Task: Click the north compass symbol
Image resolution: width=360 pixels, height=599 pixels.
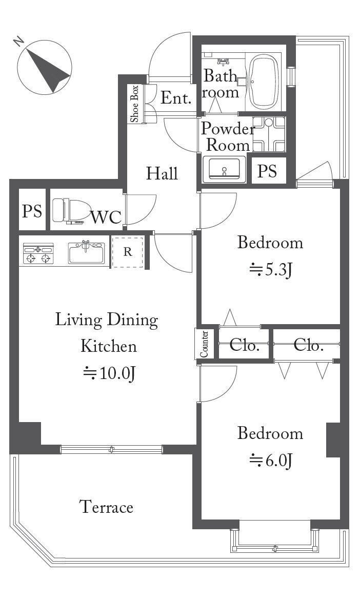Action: [44, 67]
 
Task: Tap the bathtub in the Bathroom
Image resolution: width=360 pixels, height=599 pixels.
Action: [264, 82]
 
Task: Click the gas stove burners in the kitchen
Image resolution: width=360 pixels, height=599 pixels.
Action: [38, 254]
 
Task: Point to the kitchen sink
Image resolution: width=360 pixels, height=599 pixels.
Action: [86, 253]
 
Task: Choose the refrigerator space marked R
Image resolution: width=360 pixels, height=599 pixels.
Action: [128, 252]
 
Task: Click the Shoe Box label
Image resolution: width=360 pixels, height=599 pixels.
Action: [134, 104]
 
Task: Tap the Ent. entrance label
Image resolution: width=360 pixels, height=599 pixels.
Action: [175, 98]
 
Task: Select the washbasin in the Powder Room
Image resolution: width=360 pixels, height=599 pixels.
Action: [224, 169]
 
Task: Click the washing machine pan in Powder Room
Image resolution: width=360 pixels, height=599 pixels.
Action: [269, 134]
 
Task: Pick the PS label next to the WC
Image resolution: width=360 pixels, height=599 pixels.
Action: [32, 210]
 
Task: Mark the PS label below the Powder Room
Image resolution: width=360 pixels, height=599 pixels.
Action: [267, 171]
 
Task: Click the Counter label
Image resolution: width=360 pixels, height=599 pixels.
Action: [204, 344]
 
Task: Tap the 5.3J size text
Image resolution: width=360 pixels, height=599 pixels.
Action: [271, 270]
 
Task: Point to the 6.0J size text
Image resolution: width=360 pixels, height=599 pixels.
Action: [271, 461]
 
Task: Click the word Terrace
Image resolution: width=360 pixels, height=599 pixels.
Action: [106, 507]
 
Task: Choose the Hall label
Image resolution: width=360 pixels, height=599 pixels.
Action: [162, 174]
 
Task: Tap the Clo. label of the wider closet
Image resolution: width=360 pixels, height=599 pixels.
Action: [309, 345]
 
